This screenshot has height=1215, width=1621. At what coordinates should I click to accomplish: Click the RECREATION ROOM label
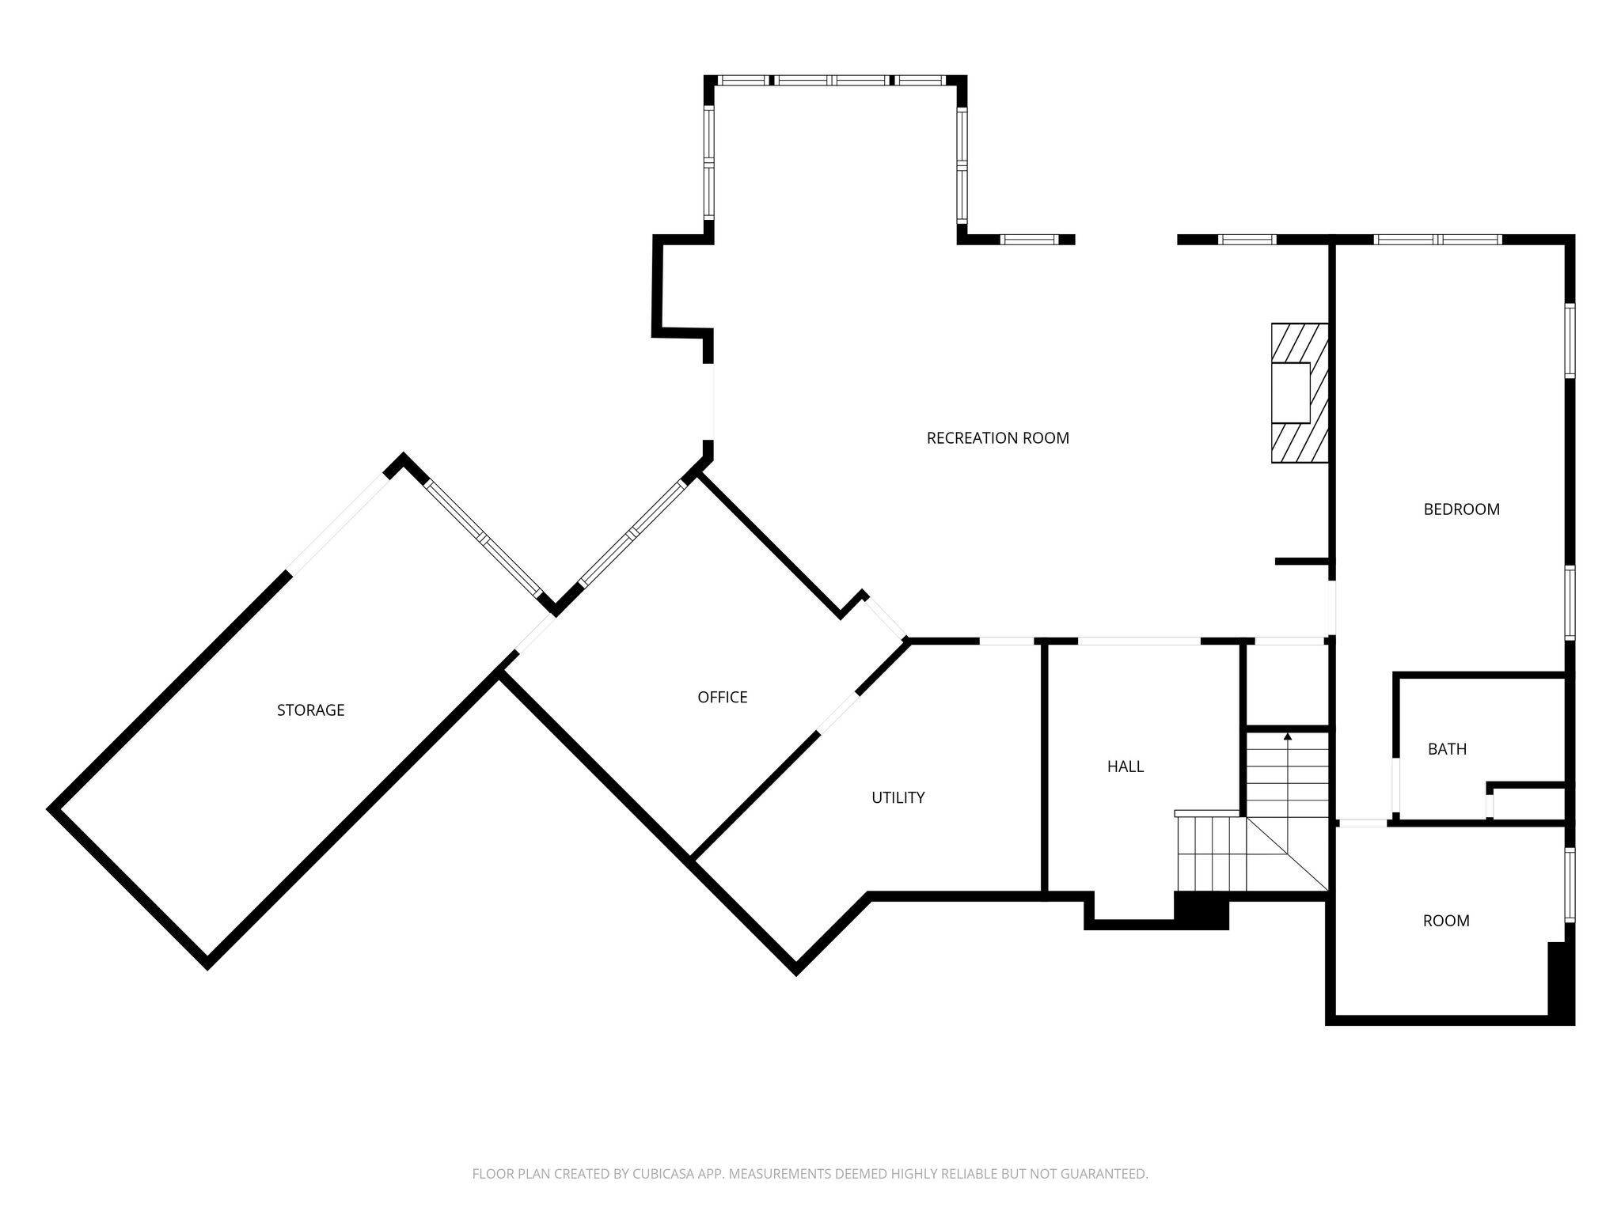click(997, 438)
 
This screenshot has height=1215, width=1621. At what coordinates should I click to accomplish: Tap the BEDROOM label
click(1461, 509)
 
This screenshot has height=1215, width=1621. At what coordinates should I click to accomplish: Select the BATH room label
click(1447, 749)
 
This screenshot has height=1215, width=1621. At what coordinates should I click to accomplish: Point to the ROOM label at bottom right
click(1446, 921)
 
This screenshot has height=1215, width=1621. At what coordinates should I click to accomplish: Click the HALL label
click(1125, 766)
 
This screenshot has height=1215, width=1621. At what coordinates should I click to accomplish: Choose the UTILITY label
click(898, 798)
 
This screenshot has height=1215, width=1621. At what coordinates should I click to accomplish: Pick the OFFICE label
click(722, 698)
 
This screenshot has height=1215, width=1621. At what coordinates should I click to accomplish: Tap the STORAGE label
click(310, 710)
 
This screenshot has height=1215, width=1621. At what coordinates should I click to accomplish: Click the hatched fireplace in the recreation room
click(1299, 393)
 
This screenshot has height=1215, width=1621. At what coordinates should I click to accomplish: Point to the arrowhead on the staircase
click(1288, 737)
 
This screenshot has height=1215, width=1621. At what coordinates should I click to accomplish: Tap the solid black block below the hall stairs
click(1201, 910)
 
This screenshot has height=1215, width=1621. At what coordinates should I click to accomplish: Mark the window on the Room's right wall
click(1570, 884)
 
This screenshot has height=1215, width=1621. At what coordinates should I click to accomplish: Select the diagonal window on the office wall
click(632, 533)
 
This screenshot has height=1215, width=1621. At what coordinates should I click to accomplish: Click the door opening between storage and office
click(534, 634)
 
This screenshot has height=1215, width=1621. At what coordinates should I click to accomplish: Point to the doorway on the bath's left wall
click(1396, 786)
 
